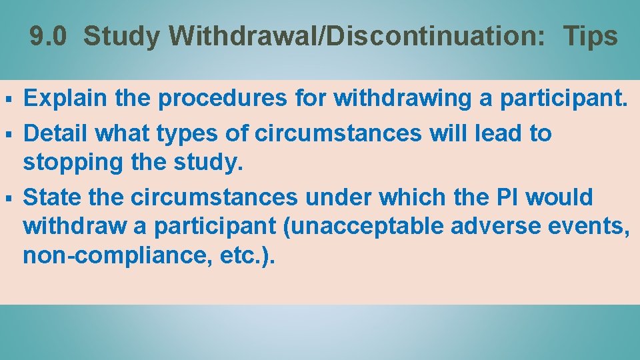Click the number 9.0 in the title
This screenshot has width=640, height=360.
[49, 37]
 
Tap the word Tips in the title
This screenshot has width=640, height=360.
[590, 37]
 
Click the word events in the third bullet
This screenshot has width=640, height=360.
[589, 226]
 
